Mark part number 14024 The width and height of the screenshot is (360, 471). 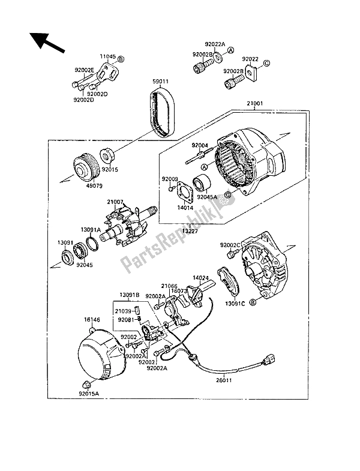pos(200,278)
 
